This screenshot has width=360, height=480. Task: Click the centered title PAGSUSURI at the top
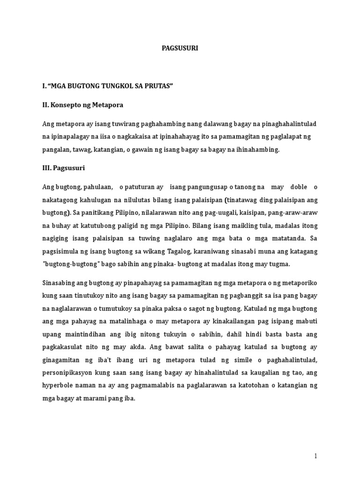pos(180,48)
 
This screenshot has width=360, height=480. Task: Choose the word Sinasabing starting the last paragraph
pos(60,283)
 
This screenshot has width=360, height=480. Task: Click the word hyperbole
pos(58,385)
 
